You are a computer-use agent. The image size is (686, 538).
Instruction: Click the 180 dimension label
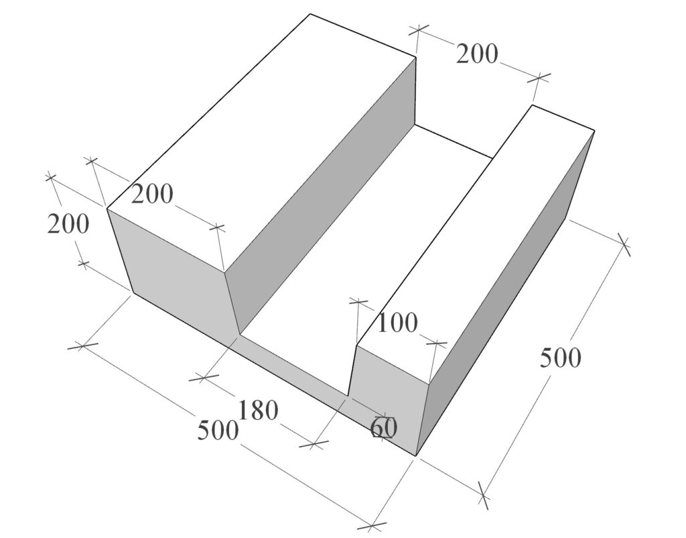pyautogui.click(x=258, y=411)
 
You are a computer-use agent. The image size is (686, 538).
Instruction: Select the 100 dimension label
pyautogui.click(x=397, y=323)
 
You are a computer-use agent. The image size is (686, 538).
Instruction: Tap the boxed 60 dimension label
pyautogui.click(x=384, y=427)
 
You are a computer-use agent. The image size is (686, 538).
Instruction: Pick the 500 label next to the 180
pyautogui.click(x=218, y=430)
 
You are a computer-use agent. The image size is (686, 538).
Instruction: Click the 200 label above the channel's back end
pyautogui.click(x=477, y=54)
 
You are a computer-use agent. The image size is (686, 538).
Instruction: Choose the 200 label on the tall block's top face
pyautogui.click(x=152, y=194)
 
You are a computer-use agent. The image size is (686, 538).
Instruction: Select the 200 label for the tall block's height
pyautogui.click(x=68, y=224)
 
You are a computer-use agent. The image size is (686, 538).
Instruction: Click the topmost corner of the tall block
pyautogui.click(x=310, y=14)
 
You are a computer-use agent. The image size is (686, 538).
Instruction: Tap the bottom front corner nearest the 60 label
pyautogui.click(x=415, y=456)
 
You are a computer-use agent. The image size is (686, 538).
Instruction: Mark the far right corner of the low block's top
pyautogui.click(x=595, y=130)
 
